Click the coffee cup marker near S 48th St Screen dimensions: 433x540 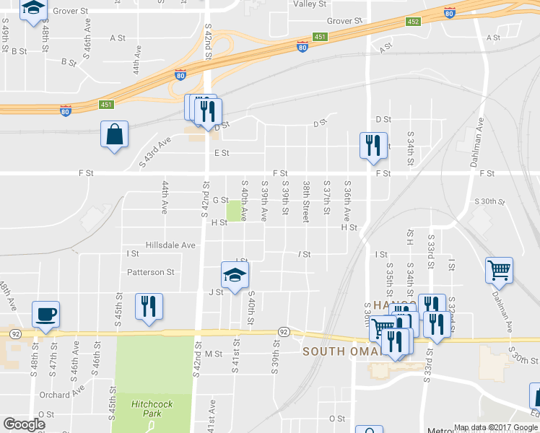[45, 315]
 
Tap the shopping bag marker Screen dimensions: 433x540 [114, 134]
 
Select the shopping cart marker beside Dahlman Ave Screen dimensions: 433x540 [499, 271]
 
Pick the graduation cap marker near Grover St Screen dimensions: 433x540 [33, 9]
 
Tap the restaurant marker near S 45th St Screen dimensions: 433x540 [149, 306]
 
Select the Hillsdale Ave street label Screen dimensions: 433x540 [170, 245]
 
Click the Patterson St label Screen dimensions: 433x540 [151, 272]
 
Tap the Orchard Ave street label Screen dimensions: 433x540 [62, 394]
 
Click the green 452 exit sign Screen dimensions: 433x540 [413, 22]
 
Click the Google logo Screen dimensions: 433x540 [24, 424]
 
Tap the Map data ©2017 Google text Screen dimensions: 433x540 [495, 427]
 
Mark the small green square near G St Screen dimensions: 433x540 [234, 211]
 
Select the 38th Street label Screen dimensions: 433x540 [306, 201]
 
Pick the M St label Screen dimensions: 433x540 [213, 354]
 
